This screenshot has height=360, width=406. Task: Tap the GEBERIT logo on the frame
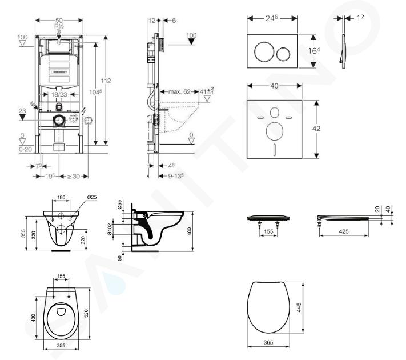point(61,72)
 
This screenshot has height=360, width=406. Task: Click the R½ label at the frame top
point(58,26)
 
